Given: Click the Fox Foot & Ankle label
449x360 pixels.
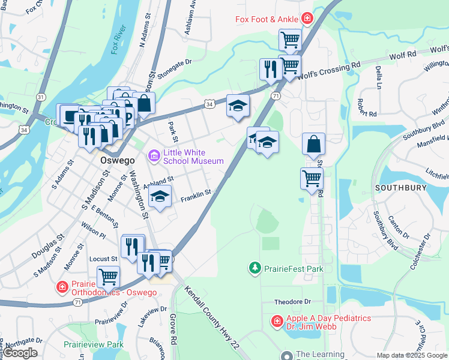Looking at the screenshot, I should (267, 19).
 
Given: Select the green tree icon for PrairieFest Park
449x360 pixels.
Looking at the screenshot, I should (255, 267).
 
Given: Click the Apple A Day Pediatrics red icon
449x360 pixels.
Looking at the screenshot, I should (277, 321).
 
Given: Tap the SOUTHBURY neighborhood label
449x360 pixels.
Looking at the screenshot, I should (400, 188).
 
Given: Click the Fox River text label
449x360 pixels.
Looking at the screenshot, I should (120, 40).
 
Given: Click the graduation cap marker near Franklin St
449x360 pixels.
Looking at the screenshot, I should (160, 197).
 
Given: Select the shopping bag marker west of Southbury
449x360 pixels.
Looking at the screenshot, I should (313, 145).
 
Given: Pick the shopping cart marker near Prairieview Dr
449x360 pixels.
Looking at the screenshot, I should (108, 277).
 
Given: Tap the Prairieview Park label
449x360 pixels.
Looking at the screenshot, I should (94, 344).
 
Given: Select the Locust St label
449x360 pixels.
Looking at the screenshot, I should (103, 259).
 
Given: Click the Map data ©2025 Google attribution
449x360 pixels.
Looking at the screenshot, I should (412, 355).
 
